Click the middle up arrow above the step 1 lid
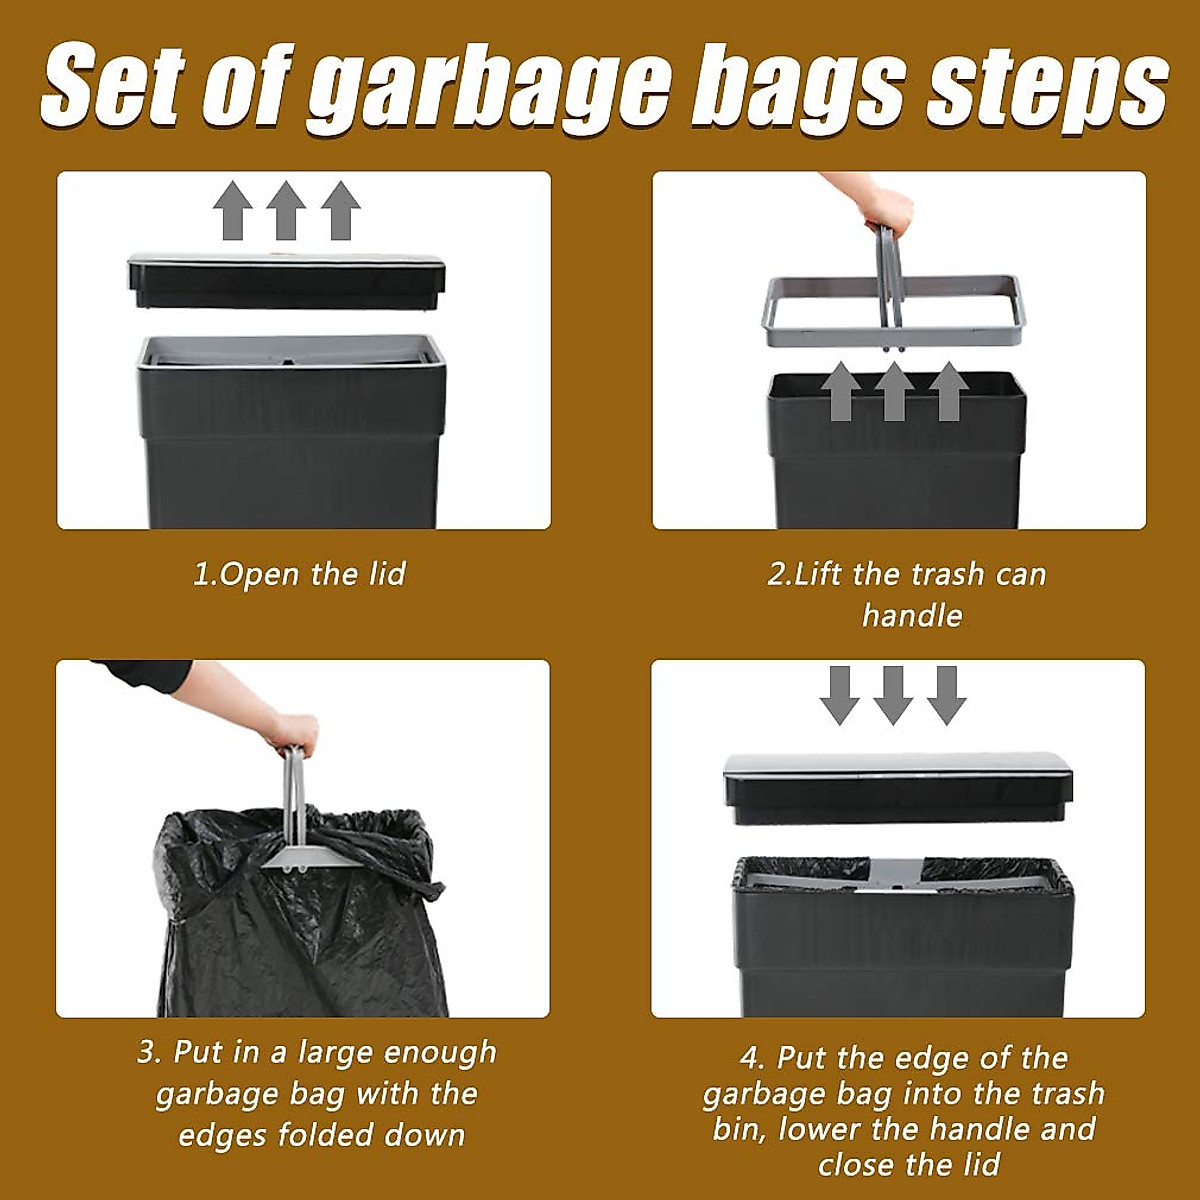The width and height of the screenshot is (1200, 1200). point(286,210)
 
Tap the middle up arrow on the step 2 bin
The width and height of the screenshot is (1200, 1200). point(894,391)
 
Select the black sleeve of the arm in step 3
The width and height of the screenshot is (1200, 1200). point(150,676)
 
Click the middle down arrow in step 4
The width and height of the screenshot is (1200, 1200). point(893,694)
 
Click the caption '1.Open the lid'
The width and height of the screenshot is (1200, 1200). point(299,574)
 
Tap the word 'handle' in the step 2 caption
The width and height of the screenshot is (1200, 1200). point(912,615)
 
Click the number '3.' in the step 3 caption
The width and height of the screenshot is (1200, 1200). point(150,1052)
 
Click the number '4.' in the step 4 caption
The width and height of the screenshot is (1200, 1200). point(753,1058)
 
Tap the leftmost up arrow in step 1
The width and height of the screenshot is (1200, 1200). point(232,210)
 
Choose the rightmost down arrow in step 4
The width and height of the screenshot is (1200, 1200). point(946,694)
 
